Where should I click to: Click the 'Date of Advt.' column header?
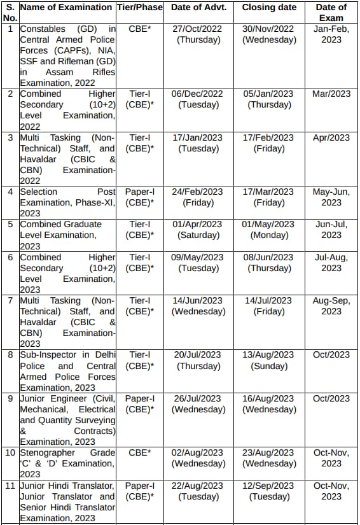pos(197,8)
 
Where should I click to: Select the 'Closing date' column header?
pos(268,8)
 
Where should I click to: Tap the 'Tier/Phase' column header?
pos(140,8)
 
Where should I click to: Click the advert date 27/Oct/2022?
pos(197,29)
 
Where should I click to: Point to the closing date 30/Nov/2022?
pos(268,29)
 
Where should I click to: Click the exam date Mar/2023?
pos(331,94)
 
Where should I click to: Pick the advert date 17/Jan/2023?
pos(197,137)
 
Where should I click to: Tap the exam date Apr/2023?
pos(331,137)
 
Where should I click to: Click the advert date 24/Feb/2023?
pos(197,192)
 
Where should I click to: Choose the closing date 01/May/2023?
pos(268,224)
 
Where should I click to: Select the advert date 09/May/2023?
pos(197,257)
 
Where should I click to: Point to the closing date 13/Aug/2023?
pos(268,354)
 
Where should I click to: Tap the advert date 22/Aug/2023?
pos(197,486)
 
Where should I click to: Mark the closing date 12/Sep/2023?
pos(268,486)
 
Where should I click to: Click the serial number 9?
pos(10,398)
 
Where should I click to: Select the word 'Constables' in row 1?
pos(43,29)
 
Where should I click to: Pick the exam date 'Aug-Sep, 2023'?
pos(331,306)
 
